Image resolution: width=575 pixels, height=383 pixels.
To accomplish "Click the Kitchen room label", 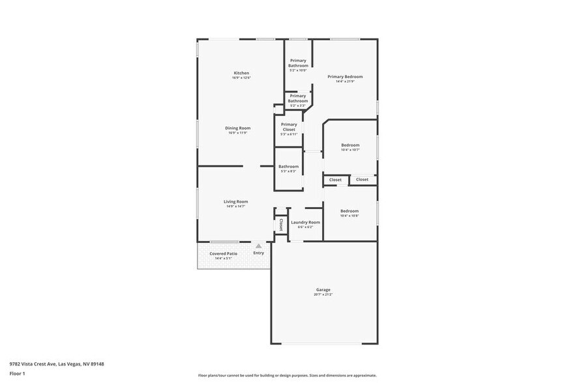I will click(241, 73).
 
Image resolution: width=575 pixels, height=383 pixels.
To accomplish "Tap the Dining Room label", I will click(238, 128).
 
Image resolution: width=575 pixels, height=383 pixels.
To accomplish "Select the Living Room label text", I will click(236, 202).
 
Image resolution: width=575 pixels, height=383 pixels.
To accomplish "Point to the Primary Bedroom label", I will click(345, 77).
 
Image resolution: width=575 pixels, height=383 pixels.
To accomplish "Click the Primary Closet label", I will click(289, 127).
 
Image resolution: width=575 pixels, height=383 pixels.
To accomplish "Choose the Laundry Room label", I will click(305, 222).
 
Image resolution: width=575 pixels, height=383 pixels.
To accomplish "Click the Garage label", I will click(323, 290).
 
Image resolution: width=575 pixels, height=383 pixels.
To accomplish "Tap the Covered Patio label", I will click(223, 253).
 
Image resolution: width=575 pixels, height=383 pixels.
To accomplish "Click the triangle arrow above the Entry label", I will click(259, 246).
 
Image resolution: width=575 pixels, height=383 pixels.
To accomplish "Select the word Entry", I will click(259, 253).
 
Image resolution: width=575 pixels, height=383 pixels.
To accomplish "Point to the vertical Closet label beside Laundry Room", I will click(281, 225).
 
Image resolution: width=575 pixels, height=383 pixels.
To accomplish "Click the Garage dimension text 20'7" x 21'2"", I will click(323, 295).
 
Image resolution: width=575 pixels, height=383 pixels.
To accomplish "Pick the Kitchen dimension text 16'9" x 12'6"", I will click(241, 78).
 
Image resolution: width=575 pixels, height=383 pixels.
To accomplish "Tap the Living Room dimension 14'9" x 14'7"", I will click(236, 207).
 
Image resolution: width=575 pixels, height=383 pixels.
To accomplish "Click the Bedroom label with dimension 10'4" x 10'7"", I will click(350, 145).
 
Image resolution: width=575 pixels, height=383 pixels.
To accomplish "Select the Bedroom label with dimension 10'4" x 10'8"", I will click(349, 211).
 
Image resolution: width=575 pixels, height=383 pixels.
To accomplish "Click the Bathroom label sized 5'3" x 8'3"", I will click(288, 167).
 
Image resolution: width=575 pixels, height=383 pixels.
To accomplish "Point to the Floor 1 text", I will click(18, 374).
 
